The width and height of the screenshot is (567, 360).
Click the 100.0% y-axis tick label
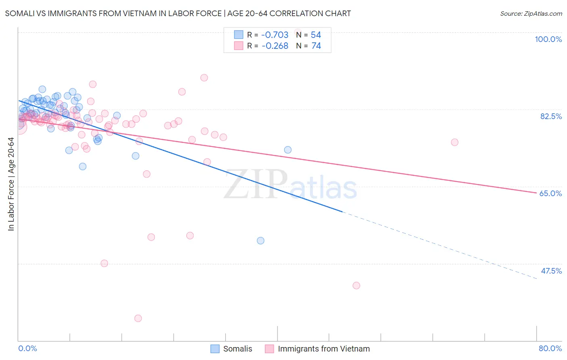[548, 39]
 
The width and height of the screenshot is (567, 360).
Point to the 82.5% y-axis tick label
[551, 116]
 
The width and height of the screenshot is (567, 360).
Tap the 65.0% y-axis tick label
[550, 193]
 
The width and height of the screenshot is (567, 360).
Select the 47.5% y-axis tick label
[551, 271]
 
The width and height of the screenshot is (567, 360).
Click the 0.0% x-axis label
[27, 348]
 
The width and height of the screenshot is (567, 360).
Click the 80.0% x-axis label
[550, 348]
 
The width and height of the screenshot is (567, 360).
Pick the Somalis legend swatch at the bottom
[215, 349]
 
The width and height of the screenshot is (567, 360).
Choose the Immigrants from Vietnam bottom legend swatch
[269, 349]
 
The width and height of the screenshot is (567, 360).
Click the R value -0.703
[275, 35]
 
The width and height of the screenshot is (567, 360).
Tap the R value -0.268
[275, 46]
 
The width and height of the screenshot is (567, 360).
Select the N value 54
[316, 35]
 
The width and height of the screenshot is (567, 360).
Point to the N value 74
[316, 46]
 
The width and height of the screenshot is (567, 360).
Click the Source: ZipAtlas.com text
[531, 13]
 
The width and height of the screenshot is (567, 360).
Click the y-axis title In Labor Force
[11, 184]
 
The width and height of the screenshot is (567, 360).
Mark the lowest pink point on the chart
[138, 318]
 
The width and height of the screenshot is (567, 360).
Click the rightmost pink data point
[454, 142]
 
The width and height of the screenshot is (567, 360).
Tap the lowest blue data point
[261, 241]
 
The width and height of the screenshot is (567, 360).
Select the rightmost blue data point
[288, 150]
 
